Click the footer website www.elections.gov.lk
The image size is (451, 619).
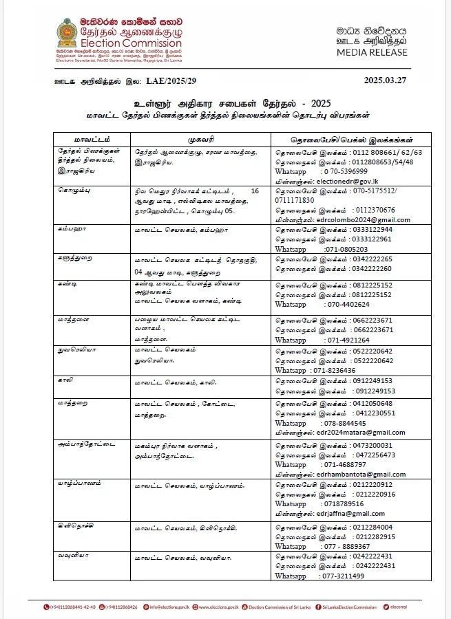coord(218,607)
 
